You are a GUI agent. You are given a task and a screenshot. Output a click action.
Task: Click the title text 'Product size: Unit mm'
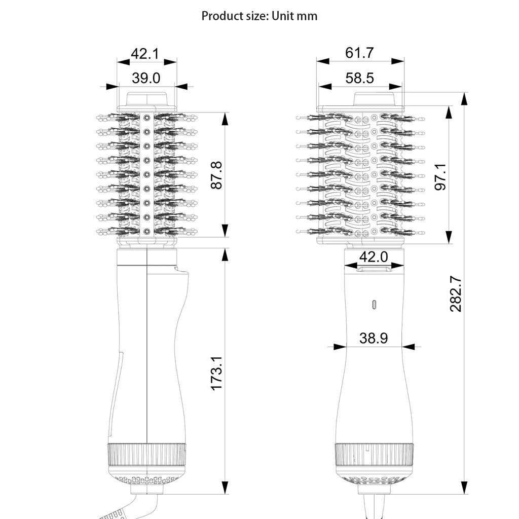pyautogui.click(x=259, y=16)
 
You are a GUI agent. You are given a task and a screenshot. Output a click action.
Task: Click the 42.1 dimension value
pyautogui.click(x=145, y=53)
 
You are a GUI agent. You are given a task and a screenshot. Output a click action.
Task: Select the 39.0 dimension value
pyautogui.click(x=146, y=78)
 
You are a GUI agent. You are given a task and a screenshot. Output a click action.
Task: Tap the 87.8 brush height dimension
pyautogui.click(x=217, y=175)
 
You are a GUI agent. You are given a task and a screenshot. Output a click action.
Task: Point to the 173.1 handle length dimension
pyautogui.click(x=217, y=373)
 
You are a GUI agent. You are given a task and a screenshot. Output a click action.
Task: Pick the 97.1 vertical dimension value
pyautogui.click(x=441, y=176)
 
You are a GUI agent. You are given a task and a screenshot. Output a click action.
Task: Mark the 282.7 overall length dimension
pyautogui.click(x=456, y=293)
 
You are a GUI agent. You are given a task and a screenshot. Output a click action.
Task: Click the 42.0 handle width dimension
pyautogui.click(x=374, y=257)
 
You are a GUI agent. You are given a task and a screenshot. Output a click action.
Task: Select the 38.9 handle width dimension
pyautogui.click(x=374, y=338)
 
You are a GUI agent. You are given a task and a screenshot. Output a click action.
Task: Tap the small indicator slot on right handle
pyautogui.click(x=374, y=305)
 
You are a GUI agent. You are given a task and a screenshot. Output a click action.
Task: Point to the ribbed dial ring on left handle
pyautogui.click(x=146, y=455)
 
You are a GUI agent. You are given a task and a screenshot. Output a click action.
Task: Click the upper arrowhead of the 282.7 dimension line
pyautogui.click(x=464, y=98)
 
